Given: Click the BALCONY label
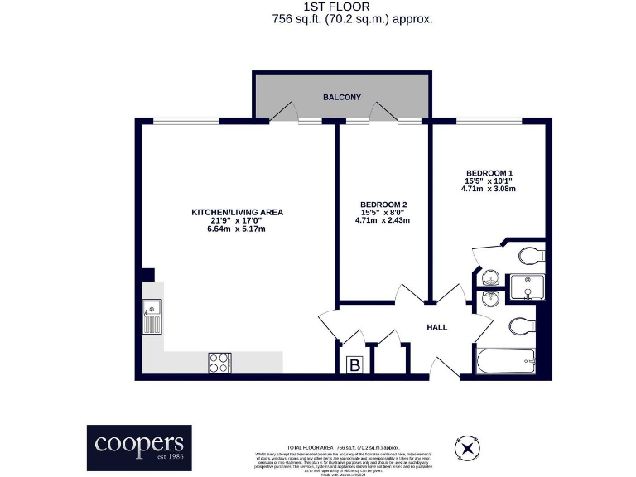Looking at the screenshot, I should click(342, 98).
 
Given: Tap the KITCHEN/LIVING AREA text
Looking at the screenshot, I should click(237, 212).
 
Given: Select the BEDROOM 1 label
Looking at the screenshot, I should click(488, 171).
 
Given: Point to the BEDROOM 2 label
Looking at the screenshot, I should click(383, 204).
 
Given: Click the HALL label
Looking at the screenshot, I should click(436, 327).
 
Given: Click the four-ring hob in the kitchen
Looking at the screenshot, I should click(219, 362).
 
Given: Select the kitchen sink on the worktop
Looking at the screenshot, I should click(152, 319).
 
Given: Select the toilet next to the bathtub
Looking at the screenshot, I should click(523, 324).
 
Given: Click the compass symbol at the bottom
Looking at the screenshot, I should click(469, 448).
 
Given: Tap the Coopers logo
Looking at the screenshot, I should click(139, 447).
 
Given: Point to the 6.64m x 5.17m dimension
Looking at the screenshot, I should click(237, 229).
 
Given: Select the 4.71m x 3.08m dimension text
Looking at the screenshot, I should click(488, 189).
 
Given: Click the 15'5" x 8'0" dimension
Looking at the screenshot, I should click(383, 213).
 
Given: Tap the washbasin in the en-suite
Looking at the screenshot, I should click(489, 277).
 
